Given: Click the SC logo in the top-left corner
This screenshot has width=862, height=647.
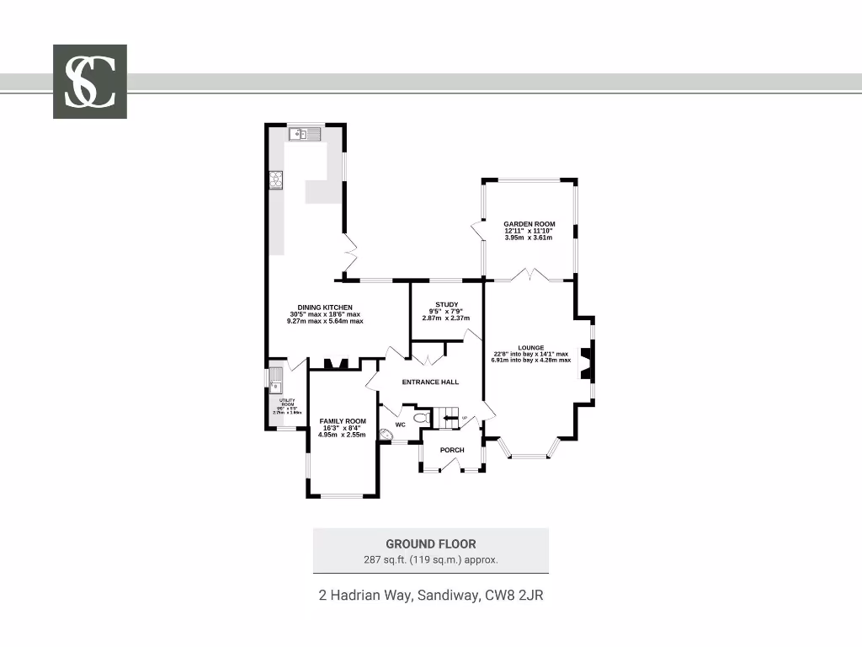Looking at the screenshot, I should coord(90,81).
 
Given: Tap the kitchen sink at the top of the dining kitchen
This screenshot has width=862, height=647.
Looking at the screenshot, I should coord(305,133).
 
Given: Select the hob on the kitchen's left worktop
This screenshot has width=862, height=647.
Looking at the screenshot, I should coord(275,179).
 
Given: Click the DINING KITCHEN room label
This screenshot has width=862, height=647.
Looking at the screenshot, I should coord(325,307).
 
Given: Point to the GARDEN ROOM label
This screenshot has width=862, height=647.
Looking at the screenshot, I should coord(529,224).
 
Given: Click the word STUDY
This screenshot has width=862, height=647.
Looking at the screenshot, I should coord(446,304).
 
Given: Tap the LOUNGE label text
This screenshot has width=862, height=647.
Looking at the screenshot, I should coord(530,347).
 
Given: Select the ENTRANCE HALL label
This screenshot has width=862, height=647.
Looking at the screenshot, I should coord(430,382).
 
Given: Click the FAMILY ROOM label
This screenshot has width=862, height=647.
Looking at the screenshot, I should coord(343,421).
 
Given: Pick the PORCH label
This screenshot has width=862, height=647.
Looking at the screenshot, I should coord(452,450).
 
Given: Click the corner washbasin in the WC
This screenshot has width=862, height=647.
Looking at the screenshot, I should coord(386,435).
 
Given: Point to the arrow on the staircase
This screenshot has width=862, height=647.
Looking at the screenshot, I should coord(448,417).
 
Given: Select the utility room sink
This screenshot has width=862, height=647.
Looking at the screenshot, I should coord(276,378).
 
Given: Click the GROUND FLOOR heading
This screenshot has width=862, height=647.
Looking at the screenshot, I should coord(430,544).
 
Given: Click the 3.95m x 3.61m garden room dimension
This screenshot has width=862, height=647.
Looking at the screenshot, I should coord(529,238).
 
